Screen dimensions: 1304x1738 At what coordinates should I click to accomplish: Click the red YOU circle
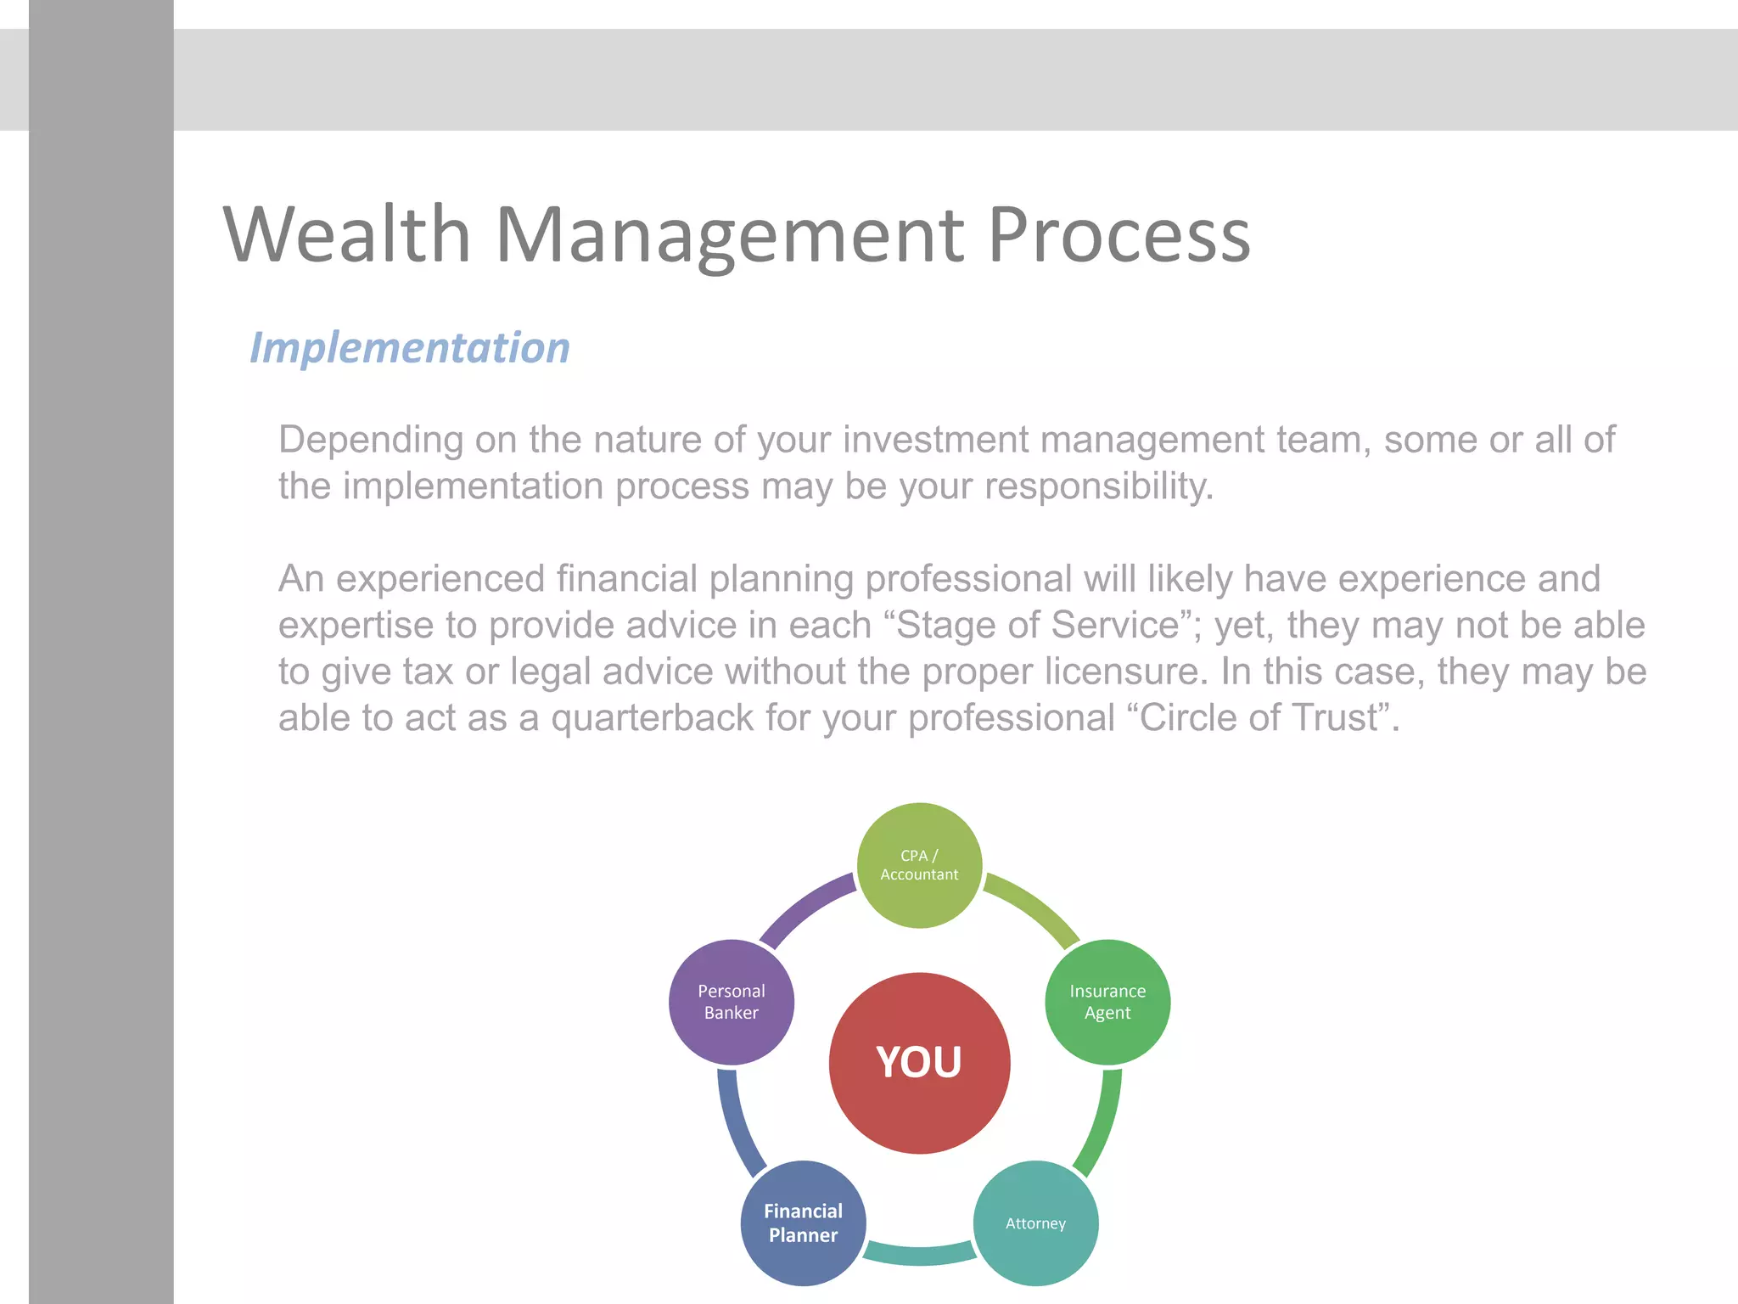pyautogui.click(x=919, y=1062)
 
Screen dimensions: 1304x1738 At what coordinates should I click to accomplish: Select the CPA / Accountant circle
pyautogui.click(x=919, y=865)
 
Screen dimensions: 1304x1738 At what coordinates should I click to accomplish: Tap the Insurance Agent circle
pyautogui.click(x=1107, y=1002)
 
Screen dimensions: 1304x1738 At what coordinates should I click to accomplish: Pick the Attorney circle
pyautogui.click(x=1035, y=1222)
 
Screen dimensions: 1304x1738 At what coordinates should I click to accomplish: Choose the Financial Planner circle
pyautogui.click(x=803, y=1222)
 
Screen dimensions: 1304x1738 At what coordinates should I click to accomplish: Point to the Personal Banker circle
pyautogui.click(x=732, y=1002)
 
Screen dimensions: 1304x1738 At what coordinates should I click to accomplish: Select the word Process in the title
pyautogui.click(x=1118, y=235)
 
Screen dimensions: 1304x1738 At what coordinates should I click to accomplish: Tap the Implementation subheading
pyautogui.click(x=410, y=348)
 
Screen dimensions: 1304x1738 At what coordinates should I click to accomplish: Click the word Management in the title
pyautogui.click(x=729, y=235)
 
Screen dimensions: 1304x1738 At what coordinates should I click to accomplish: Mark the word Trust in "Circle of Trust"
pyautogui.click(x=1339, y=717)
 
